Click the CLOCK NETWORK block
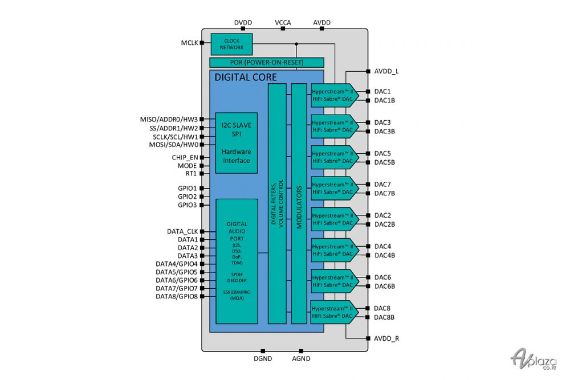(231, 44)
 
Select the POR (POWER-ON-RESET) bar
(266, 63)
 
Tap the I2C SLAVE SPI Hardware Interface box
(236, 142)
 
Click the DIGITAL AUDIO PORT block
(236, 261)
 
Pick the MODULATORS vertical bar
(299, 203)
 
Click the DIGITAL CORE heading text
(246, 77)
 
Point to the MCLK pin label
(189, 43)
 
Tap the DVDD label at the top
(243, 23)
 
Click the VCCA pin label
(283, 23)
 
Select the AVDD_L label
(386, 72)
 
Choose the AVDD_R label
(386, 338)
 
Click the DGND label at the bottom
(263, 360)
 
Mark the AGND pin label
(300, 360)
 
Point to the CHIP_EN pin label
(184, 157)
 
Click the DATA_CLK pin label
(182, 232)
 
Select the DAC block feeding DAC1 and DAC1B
(334, 95)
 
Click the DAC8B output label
(384, 317)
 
